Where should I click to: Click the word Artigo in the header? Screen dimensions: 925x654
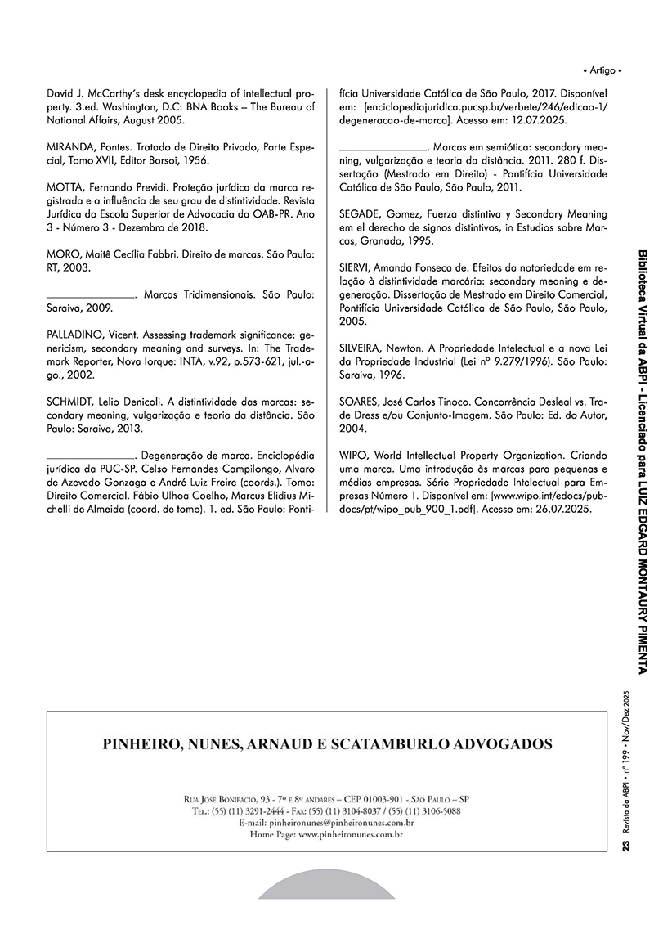pos(605,70)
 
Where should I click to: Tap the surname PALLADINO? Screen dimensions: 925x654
pos(74,335)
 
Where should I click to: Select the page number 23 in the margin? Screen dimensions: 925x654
pos(625,851)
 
